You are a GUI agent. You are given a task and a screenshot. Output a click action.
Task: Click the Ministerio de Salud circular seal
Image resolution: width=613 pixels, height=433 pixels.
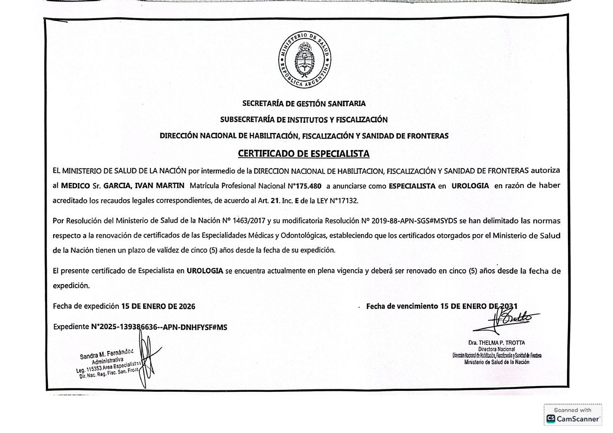click(x=305, y=62)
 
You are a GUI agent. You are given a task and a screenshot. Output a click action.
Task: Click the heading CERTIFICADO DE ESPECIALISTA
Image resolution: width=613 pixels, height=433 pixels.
click(x=304, y=154)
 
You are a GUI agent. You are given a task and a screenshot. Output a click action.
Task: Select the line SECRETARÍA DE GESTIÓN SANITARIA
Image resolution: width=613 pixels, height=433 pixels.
click(x=304, y=103)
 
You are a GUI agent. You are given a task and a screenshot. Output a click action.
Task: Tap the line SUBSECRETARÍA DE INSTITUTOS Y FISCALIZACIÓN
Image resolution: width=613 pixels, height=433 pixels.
click(x=304, y=119)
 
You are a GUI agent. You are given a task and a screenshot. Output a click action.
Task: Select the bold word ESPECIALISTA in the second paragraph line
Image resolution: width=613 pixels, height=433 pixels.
click(x=412, y=186)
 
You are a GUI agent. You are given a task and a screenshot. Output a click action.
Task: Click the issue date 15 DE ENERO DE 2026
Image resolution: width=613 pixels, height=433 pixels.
click(x=158, y=306)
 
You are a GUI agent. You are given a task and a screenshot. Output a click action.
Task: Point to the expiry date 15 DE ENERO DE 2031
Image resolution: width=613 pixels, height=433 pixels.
click(x=478, y=306)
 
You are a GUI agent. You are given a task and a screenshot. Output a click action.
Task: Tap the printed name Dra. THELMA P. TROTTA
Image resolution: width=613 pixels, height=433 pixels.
click(x=497, y=342)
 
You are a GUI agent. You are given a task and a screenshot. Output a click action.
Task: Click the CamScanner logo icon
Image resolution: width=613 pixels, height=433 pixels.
click(x=551, y=419)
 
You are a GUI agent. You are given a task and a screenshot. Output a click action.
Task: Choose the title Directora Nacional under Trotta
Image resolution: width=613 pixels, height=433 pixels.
click(x=497, y=349)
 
